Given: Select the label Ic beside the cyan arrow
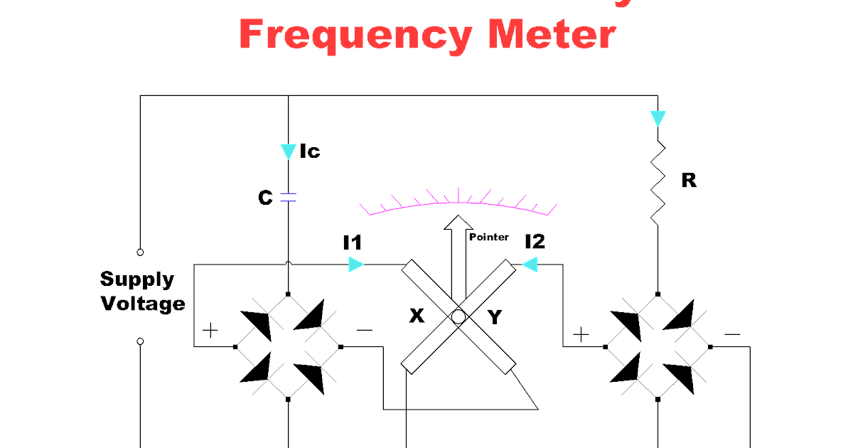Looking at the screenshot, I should click(309, 151).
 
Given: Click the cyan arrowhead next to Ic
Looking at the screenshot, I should click(288, 151).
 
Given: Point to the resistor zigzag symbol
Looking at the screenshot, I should click(658, 180).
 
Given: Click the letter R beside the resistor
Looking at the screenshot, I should click(688, 181).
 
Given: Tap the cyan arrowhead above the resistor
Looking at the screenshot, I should click(658, 118).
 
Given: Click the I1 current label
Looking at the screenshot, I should click(353, 243).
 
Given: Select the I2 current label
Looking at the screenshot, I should click(535, 242).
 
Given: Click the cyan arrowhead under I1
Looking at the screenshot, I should click(356, 265).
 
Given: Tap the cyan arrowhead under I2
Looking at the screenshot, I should click(529, 265).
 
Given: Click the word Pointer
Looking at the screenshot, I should click(488, 237).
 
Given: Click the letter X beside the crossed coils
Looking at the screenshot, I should click(417, 316).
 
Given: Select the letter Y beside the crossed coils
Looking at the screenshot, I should click(495, 317).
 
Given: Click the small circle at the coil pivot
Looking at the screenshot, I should click(458, 316).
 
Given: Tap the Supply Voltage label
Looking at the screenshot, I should click(143, 292).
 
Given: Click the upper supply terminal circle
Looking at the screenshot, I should click(140, 252).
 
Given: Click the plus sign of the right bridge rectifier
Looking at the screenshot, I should click(581, 334).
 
